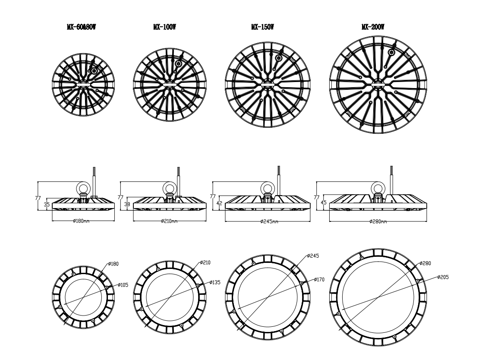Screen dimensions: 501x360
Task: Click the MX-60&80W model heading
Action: [81, 27]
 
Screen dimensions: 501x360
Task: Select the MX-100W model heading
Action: [164, 27]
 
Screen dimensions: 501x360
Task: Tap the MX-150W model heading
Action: [262, 27]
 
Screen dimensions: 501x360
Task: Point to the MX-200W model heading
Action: [373, 27]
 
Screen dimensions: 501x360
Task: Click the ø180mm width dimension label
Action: [81, 221]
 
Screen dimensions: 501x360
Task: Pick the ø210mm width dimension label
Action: [169, 221]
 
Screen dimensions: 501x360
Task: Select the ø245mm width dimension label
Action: [269, 221]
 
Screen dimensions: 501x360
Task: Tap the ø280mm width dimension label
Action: [378, 221]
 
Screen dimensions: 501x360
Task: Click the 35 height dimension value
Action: [47, 205]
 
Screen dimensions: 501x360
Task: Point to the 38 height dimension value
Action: [127, 204]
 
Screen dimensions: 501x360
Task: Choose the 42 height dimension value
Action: [219, 203]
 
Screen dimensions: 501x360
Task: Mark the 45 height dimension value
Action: [323, 203]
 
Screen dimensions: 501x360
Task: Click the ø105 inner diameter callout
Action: [123, 284]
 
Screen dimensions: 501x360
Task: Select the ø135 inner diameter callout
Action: [215, 282]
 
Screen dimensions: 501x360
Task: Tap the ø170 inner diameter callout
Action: [319, 279]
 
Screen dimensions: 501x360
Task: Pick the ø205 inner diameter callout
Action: [443, 277]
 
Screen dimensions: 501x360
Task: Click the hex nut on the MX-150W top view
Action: [279, 58]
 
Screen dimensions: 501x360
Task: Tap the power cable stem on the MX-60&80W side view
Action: [94, 181]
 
